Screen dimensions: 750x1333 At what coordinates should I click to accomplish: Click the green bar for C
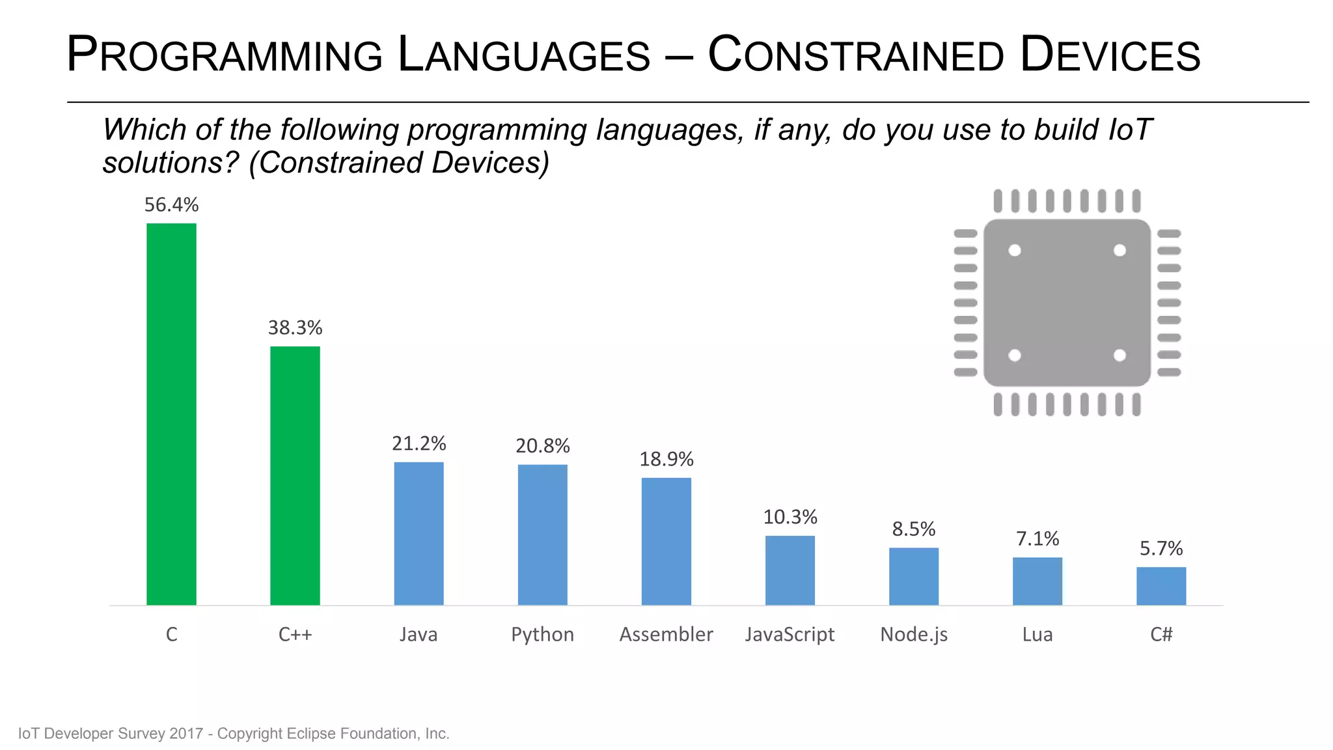(171, 414)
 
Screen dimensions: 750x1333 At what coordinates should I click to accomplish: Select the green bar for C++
(295, 475)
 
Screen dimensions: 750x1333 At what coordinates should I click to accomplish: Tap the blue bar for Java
(419, 533)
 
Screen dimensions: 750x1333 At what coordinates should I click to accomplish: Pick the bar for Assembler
(666, 541)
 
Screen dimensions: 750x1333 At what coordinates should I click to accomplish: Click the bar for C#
(1161, 586)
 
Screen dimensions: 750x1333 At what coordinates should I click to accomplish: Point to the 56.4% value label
(171, 205)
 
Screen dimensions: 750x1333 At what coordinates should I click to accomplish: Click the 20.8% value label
(542, 446)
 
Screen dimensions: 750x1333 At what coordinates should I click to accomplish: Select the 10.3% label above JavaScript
(790, 518)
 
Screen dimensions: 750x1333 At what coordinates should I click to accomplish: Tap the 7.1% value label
(1037, 539)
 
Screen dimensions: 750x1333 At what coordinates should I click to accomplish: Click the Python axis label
(542, 635)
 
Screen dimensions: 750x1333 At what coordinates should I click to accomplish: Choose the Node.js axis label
(913, 635)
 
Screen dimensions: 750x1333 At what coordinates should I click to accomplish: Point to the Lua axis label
(1037, 635)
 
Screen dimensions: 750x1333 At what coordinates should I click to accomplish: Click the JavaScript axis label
(790, 635)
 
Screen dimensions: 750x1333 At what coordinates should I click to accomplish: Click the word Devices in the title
(1110, 55)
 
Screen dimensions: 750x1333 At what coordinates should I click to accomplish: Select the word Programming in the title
(225, 55)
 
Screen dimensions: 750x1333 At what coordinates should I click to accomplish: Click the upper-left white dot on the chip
(1015, 250)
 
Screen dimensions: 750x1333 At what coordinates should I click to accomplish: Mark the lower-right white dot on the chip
(1120, 355)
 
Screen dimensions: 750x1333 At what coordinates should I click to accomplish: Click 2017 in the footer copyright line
(186, 734)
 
